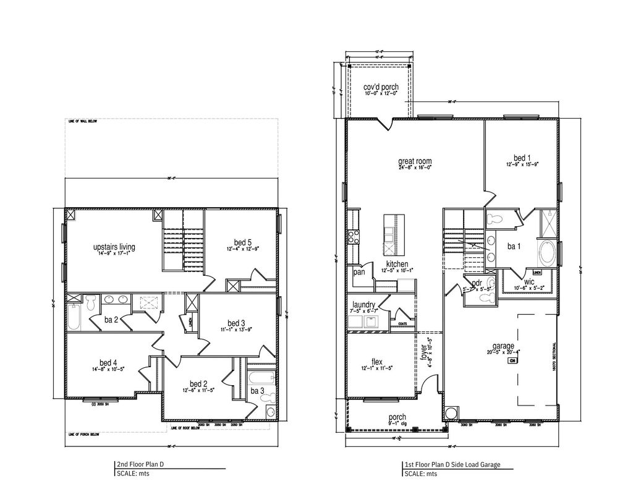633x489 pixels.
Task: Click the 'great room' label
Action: click(414, 161)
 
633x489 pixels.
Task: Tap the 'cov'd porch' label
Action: click(380, 87)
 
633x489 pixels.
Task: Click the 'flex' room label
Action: click(376, 362)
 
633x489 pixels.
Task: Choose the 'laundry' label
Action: click(364, 304)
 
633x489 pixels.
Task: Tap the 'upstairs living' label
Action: click(114, 247)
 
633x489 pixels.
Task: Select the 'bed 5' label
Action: click(243, 242)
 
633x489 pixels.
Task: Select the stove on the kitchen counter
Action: click(355, 235)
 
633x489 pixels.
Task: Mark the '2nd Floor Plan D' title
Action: click(142, 464)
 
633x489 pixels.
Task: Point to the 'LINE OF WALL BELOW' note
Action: click(83, 122)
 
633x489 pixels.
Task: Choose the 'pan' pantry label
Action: click(358, 272)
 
